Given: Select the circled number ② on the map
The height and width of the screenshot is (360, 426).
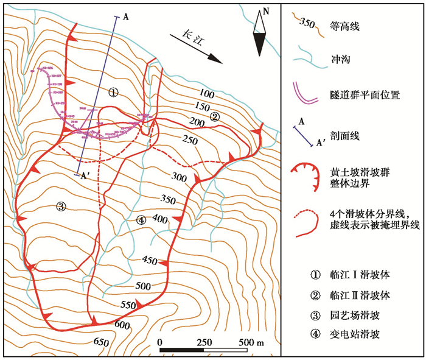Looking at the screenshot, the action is [214, 116].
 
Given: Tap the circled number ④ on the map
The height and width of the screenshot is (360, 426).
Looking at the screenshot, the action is [141, 220].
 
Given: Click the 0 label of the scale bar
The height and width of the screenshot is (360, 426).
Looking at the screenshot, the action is [159, 342].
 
